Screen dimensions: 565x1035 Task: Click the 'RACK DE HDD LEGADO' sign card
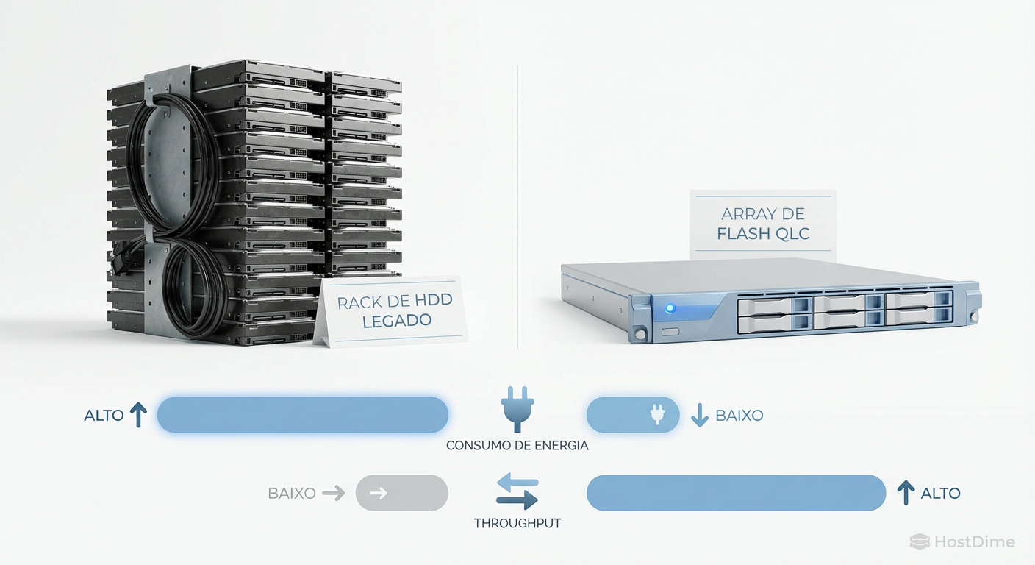(393, 312)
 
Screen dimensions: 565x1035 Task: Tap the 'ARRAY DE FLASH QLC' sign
(762, 224)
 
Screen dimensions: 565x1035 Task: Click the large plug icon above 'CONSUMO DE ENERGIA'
(517, 409)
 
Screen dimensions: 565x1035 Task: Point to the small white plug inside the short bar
(656, 415)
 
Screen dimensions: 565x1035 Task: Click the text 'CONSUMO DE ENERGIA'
(517, 446)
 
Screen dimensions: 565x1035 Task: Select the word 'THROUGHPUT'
(517, 523)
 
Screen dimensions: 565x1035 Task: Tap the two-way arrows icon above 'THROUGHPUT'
(517, 492)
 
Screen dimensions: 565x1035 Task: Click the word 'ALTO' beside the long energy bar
(104, 416)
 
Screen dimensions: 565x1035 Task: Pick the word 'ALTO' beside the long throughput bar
(940, 493)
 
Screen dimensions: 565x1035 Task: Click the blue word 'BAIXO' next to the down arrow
(739, 416)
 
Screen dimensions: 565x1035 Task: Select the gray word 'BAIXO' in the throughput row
(292, 493)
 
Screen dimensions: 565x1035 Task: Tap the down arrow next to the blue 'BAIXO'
(700, 416)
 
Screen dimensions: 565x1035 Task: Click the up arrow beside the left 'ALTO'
(138, 415)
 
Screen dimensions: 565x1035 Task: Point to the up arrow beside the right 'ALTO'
(906, 492)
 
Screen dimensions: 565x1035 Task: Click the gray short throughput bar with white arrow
(401, 493)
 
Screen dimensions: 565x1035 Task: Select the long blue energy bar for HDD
(302, 415)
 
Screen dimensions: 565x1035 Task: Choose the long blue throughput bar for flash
(736, 493)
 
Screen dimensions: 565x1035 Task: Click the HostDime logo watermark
(962, 542)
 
